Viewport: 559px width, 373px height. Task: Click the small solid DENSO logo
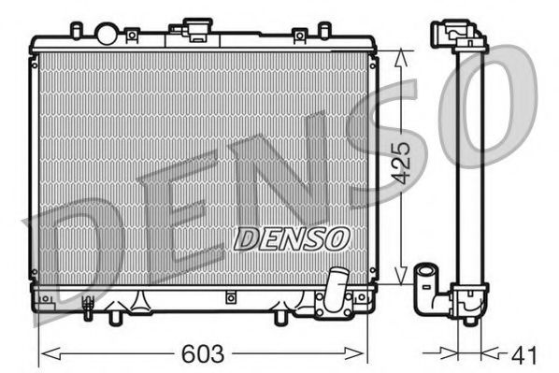pos(291,239)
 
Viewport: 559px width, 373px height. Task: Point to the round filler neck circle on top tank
pos(107,34)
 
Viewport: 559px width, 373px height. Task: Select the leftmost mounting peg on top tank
pos(77,31)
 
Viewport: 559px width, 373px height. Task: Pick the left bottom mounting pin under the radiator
pos(116,317)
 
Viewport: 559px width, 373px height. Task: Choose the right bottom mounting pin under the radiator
pos(278,317)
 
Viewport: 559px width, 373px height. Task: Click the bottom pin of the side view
pos(469,321)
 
